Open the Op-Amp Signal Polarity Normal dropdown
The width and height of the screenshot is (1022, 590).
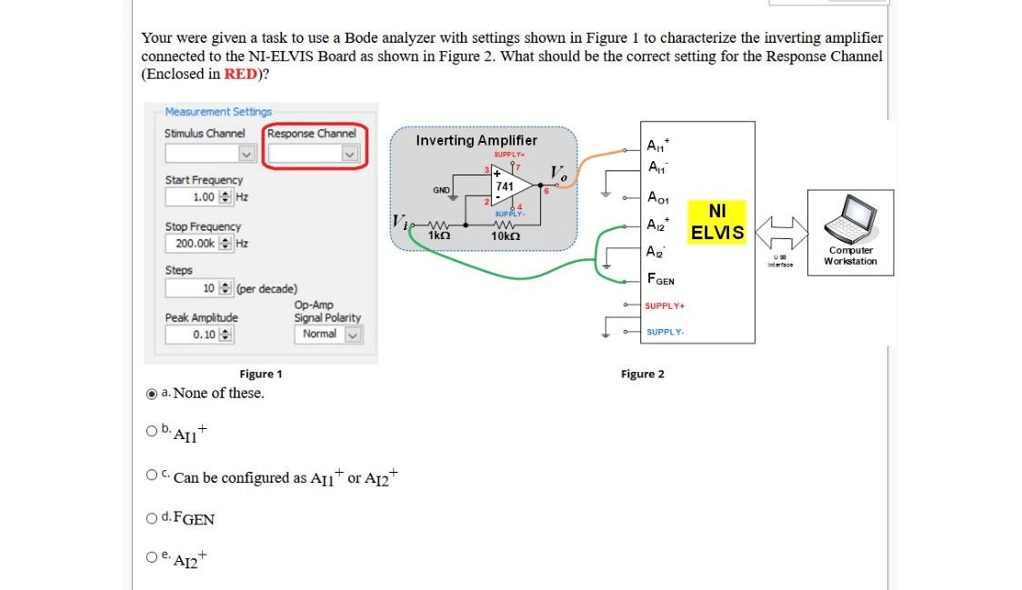click(x=327, y=334)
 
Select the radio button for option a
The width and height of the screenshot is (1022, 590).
click(x=152, y=394)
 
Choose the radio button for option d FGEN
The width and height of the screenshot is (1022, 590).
click(x=152, y=519)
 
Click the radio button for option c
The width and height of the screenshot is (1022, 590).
click(x=152, y=476)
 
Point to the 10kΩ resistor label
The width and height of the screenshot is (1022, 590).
click(x=505, y=235)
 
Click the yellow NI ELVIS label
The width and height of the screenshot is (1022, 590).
click(x=717, y=222)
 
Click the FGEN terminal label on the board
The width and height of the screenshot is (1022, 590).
click(x=659, y=280)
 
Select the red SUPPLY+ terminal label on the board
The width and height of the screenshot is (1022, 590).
click(x=664, y=305)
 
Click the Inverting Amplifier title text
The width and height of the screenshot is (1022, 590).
click(x=476, y=140)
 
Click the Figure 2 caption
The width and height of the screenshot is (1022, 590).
click(x=642, y=374)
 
